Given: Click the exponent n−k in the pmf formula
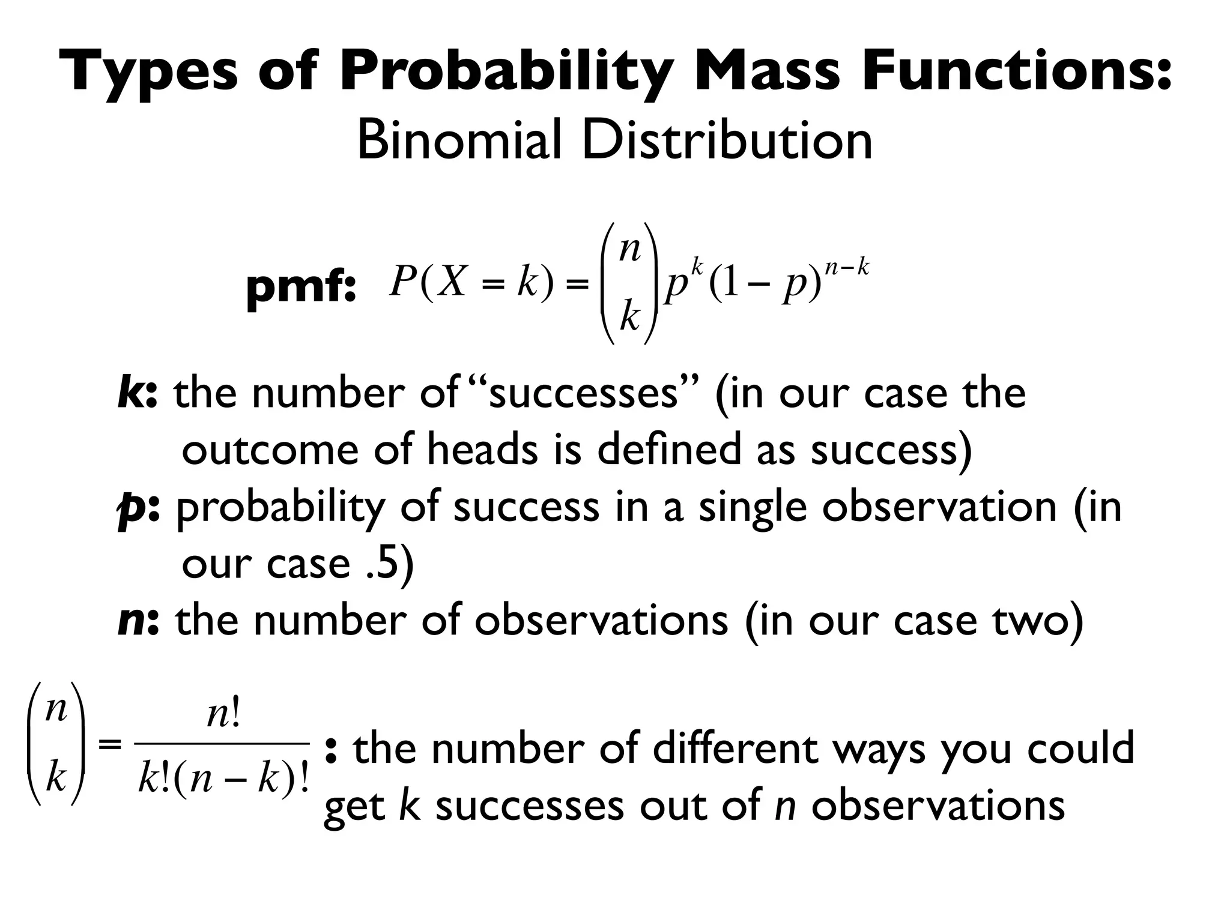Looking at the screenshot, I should click(x=847, y=267).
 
